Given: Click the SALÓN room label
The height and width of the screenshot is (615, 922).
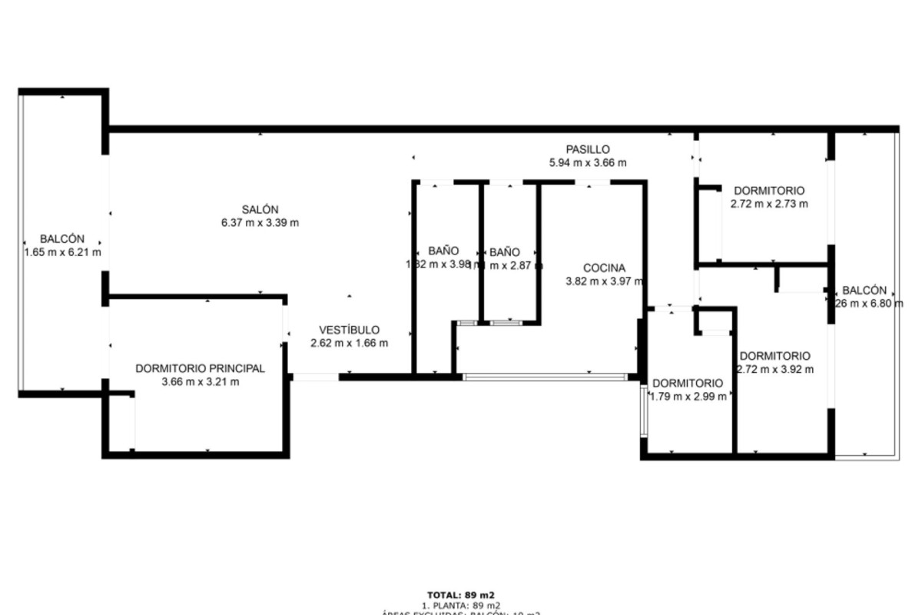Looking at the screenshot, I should (260, 209).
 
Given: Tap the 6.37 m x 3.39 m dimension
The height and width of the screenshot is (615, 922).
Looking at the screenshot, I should (260, 223).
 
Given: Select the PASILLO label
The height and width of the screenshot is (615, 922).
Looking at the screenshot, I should (588, 149).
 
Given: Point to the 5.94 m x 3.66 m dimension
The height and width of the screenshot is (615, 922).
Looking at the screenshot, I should (588, 162).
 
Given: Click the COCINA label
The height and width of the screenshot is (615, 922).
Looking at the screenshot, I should (604, 268).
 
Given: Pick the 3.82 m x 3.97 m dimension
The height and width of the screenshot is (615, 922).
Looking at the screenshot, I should (604, 281).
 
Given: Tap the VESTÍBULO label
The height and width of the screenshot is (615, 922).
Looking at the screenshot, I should (349, 330).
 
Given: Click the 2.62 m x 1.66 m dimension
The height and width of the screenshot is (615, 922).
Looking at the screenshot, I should (349, 343).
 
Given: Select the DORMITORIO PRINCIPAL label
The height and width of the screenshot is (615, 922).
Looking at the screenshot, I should (200, 368).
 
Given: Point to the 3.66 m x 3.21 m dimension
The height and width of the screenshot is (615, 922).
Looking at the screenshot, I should (200, 381).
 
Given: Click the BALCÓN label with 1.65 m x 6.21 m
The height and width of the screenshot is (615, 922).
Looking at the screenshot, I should (62, 239).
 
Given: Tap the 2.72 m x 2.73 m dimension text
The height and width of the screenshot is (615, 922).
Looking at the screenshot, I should (769, 204).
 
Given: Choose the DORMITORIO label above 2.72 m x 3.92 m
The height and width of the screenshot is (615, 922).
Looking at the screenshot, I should (774, 356).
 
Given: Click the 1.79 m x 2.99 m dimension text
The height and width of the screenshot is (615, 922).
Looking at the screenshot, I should (688, 397).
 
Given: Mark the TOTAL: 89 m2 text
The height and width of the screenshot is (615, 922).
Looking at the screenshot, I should (460, 594).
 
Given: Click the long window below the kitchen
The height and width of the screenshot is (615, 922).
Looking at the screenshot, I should (546, 377).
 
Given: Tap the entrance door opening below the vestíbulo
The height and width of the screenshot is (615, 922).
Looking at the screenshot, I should (315, 377).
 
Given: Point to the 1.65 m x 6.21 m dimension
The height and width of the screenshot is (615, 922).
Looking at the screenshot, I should (62, 252).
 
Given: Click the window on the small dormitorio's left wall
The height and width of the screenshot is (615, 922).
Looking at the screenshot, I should (643, 411).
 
